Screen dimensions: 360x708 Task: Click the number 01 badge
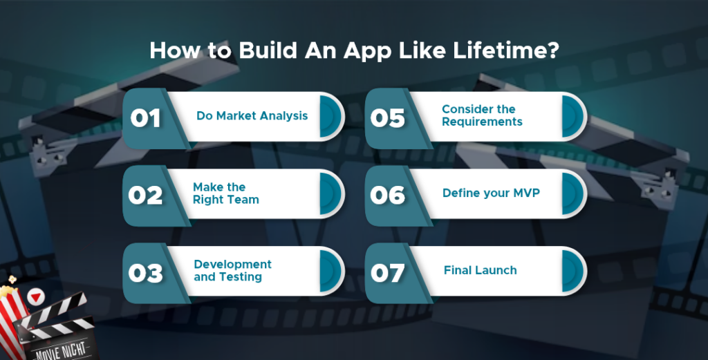(x=145, y=118)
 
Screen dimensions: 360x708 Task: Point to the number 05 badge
(x=388, y=118)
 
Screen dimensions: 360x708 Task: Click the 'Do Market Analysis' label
(x=252, y=116)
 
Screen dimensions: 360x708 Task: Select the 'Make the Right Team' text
(x=226, y=193)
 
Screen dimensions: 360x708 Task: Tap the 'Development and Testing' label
(x=232, y=270)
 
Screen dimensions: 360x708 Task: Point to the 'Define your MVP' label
(x=491, y=193)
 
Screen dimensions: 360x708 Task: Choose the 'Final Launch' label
(x=480, y=270)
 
